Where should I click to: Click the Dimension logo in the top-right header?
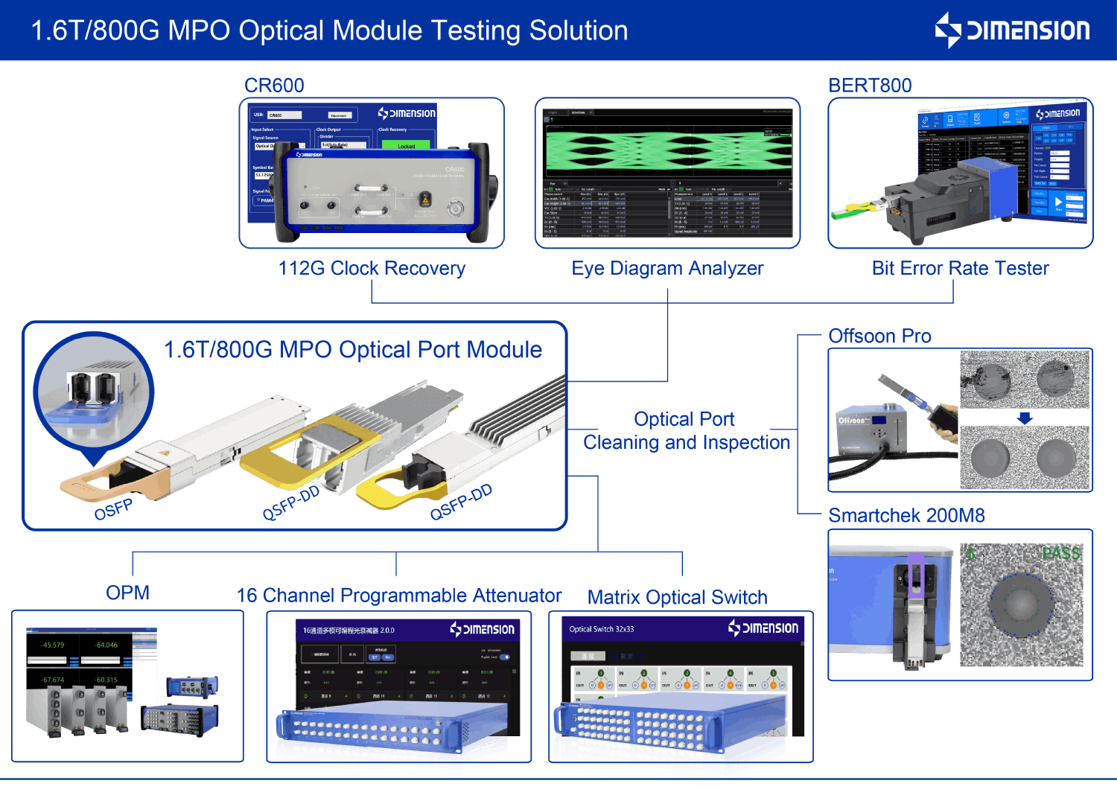coord(1013,31)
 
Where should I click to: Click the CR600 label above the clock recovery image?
coord(274,86)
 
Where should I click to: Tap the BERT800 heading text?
coord(870,86)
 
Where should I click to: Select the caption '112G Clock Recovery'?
coord(372,268)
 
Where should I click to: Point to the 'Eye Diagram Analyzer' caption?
coord(667,268)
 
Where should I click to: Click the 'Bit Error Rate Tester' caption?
coord(960,268)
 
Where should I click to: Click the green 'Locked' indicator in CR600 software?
coord(406,146)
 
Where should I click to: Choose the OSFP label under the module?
coord(113,510)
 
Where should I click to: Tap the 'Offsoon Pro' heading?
coord(879,336)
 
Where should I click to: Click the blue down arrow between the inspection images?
coord(1025,418)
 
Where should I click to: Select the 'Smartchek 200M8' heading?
coord(906,515)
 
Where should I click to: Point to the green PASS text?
coord(1060,554)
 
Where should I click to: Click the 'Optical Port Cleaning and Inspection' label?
coord(685,431)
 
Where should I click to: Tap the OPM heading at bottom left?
coord(127,593)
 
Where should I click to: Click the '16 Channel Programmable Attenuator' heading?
coord(398,596)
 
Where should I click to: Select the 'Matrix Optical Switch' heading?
coord(677,598)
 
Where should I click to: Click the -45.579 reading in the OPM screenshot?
coord(53,645)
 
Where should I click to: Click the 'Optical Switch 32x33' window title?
coord(601,630)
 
